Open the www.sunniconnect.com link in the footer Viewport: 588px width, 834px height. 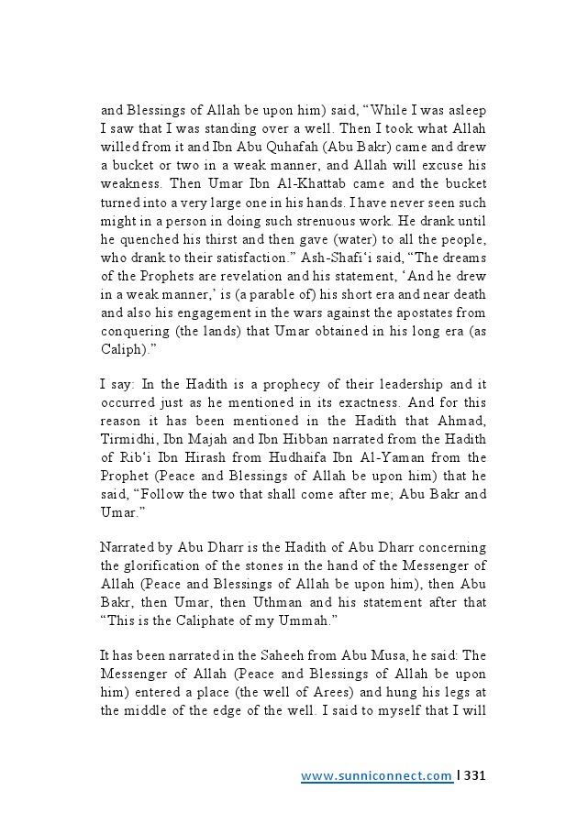(x=377, y=776)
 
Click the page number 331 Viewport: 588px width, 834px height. (x=475, y=776)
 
